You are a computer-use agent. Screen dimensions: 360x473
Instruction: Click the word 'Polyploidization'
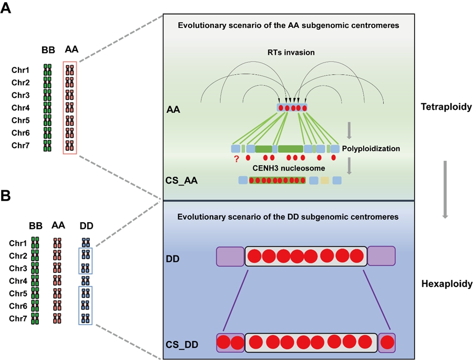click(371, 149)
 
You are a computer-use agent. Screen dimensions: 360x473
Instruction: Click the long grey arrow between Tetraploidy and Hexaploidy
click(445, 189)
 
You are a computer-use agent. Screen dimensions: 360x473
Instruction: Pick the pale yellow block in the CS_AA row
click(325, 181)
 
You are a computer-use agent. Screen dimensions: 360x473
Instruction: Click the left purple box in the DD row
click(230, 256)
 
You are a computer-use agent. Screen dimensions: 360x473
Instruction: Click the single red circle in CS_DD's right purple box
click(388, 342)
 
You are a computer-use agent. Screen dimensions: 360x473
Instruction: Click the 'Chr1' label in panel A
click(20, 70)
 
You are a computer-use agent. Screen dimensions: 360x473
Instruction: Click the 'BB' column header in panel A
click(48, 50)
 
